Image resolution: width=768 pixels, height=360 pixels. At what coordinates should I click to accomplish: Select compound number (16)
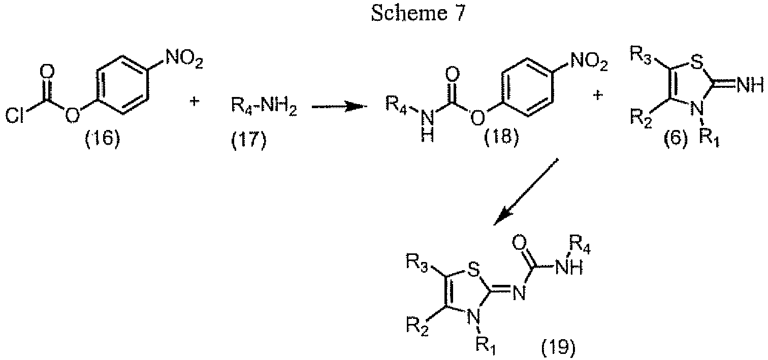pos(103,139)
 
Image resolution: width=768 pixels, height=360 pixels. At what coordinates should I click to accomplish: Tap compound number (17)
pos(248,140)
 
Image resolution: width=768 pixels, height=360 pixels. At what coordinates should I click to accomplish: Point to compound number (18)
pos(501,136)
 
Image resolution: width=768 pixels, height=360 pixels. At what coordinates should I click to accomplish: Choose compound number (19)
pos(559,347)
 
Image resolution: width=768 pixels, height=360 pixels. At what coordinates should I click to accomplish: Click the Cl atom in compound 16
pos(15,116)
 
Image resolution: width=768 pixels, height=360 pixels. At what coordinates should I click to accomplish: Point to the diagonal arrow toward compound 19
pos(526,192)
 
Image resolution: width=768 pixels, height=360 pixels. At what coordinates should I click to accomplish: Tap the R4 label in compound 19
pos(580,245)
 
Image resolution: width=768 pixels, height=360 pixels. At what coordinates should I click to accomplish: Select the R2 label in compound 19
pos(417,325)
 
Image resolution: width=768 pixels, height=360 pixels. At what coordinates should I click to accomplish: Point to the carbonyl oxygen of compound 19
pos(520,242)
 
